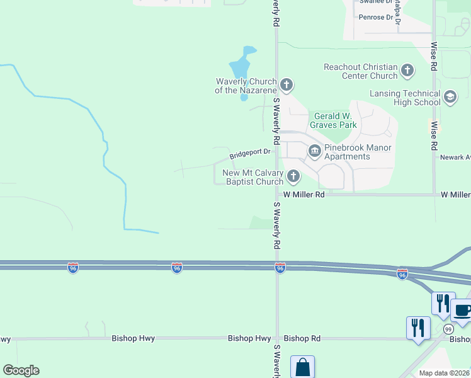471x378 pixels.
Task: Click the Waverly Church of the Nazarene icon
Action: click(287, 84)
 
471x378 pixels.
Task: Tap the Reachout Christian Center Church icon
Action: click(407, 70)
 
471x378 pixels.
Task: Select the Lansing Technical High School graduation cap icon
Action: click(450, 97)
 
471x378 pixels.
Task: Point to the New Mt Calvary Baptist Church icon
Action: click(293, 176)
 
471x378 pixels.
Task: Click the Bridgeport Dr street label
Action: click(249, 152)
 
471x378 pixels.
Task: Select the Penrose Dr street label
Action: click(375, 17)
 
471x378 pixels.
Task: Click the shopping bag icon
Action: click(302, 367)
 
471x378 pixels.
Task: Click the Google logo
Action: click(21, 370)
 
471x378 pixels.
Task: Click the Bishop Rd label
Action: click(302, 338)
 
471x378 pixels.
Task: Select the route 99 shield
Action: click(448, 329)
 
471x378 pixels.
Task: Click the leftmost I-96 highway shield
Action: click(72, 268)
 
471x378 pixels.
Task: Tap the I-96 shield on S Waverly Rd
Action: click(280, 268)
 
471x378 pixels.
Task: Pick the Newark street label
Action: click(455, 157)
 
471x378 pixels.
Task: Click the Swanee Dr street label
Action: click(372, 2)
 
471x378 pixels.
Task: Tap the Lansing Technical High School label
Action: click(406, 98)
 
